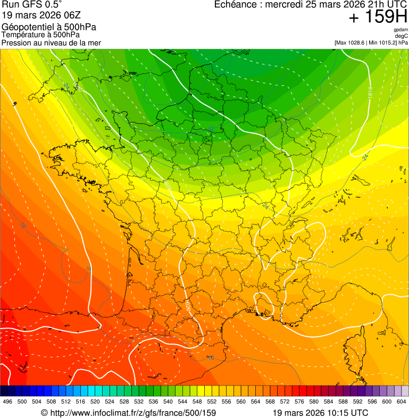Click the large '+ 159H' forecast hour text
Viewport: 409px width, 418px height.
pyautogui.click(x=378, y=18)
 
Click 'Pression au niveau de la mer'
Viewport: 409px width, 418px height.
pyautogui.click(x=51, y=43)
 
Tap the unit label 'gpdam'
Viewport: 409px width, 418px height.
pyautogui.click(x=400, y=30)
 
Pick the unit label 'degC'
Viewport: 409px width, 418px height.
pyautogui.click(x=402, y=36)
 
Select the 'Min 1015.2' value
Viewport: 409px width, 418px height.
pyautogui.click(x=384, y=43)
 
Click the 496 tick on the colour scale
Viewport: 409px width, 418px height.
pyautogui.click(x=7, y=402)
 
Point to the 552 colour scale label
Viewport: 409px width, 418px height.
pyautogui.click(x=212, y=402)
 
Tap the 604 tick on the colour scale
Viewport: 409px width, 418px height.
pyautogui.click(x=402, y=402)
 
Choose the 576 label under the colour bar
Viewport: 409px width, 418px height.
pyautogui.click(x=299, y=402)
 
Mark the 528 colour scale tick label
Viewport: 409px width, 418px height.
pyautogui.click(x=124, y=402)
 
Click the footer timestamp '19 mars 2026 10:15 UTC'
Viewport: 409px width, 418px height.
pyautogui.click(x=320, y=413)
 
